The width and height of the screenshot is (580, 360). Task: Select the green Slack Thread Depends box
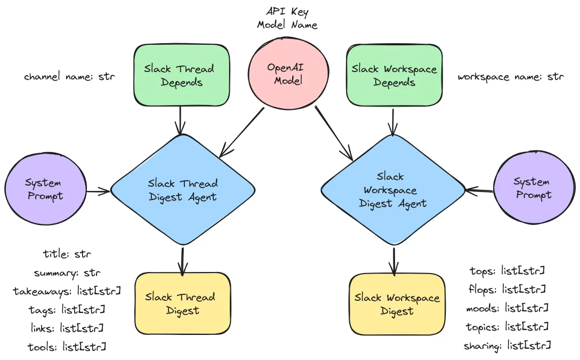(x=181, y=75)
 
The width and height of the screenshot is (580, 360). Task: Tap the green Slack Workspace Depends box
(x=394, y=75)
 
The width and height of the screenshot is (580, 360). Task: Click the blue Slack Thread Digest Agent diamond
(x=183, y=190)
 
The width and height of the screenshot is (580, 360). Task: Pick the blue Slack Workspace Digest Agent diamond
(x=393, y=190)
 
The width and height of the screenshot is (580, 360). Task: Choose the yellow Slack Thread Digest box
(x=182, y=303)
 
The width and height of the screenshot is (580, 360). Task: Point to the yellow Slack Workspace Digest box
(x=397, y=304)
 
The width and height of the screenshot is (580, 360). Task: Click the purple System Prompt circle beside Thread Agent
(x=45, y=189)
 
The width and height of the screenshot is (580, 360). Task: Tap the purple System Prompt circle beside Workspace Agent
(x=534, y=188)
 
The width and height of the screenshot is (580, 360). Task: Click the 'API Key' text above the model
(x=287, y=12)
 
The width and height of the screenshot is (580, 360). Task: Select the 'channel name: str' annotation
(x=69, y=77)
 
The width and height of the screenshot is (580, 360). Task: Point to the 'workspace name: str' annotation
(x=511, y=77)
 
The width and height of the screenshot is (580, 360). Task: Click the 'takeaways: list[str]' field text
(x=67, y=291)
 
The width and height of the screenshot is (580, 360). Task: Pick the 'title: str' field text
(x=67, y=254)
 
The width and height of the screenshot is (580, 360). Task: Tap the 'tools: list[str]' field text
(x=67, y=347)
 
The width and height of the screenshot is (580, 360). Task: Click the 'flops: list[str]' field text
(x=507, y=289)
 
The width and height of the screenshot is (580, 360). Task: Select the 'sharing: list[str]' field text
(x=507, y=346)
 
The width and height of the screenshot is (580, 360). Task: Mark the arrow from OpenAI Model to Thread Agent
(x=241, y=132)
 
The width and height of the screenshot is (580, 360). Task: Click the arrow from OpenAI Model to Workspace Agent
(x=334, y=133)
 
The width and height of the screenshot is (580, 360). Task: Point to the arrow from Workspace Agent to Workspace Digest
(x=394, y=261)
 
